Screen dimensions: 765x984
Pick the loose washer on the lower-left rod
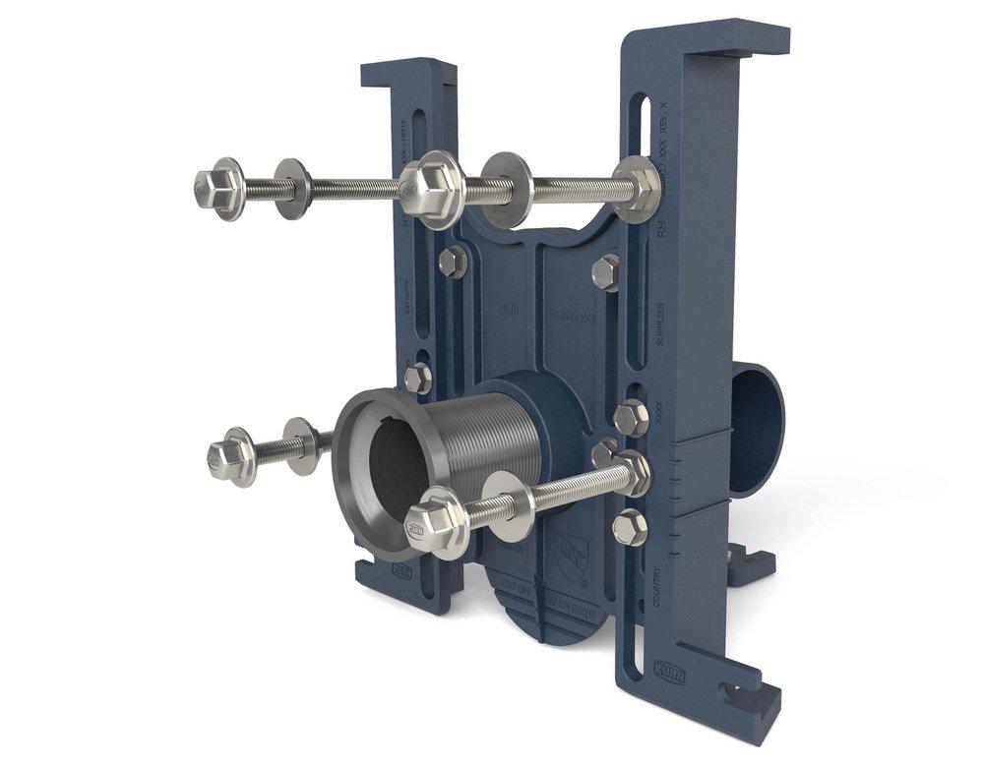coord(300,445)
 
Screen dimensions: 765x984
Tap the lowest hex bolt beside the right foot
coord(629,527)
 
